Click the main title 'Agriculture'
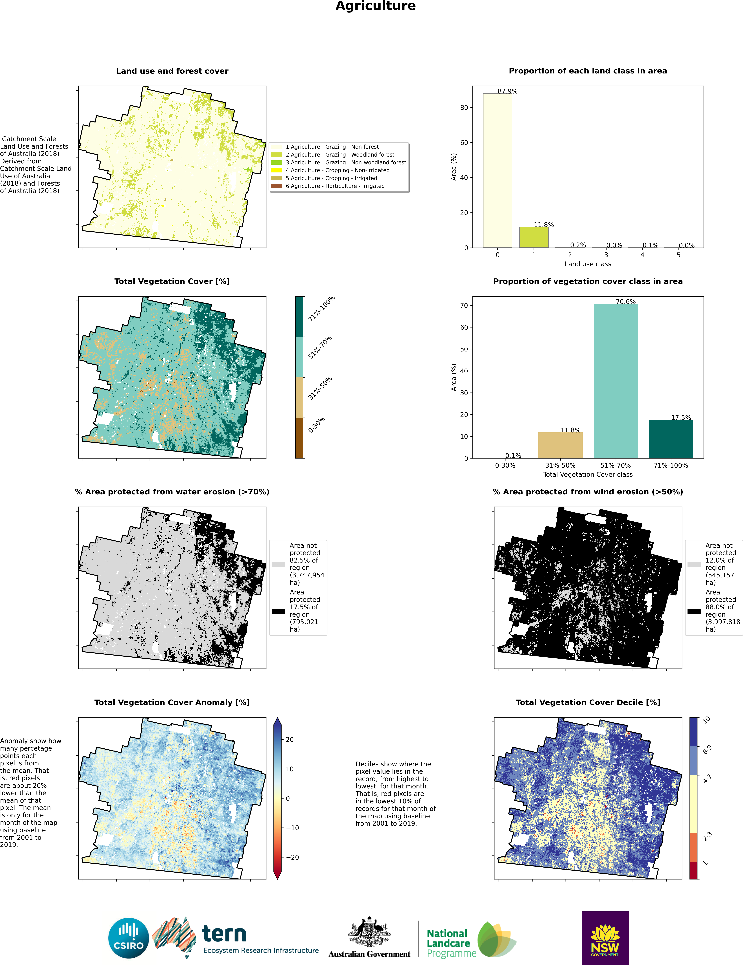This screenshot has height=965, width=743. click(376, 6)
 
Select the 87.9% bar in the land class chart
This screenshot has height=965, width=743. click(498, 171)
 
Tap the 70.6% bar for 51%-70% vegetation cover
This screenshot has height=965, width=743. click(616, 381)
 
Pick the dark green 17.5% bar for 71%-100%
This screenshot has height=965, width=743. click(671, 439)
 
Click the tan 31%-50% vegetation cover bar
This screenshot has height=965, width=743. click(560, 445)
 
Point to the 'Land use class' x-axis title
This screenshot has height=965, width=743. click(588, 264)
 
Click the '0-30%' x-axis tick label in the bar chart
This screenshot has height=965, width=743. click(505, 465)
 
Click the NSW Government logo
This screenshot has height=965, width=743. click(605, 938)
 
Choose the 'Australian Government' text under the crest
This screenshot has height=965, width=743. click(369, 954)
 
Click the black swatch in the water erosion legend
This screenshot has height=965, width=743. click(278, 611)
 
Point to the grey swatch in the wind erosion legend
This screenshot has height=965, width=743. click(694, 565)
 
